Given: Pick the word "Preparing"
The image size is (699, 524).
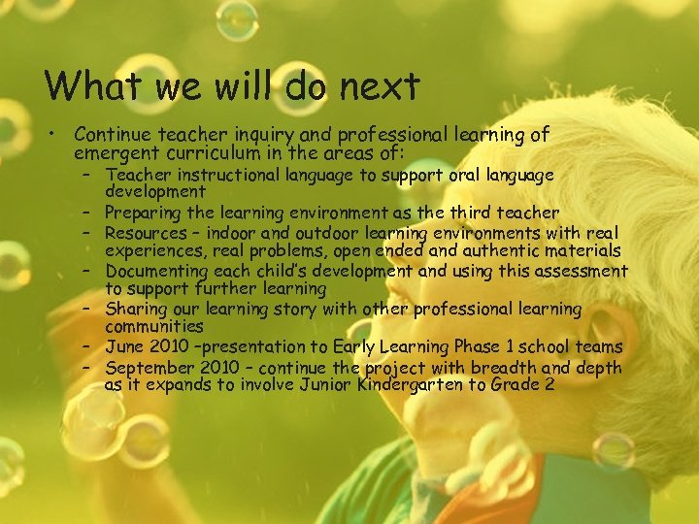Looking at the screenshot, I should pos(145,213).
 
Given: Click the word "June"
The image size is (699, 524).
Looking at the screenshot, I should pos(123,347).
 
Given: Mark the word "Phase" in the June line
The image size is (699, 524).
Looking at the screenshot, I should pos(466,347).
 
